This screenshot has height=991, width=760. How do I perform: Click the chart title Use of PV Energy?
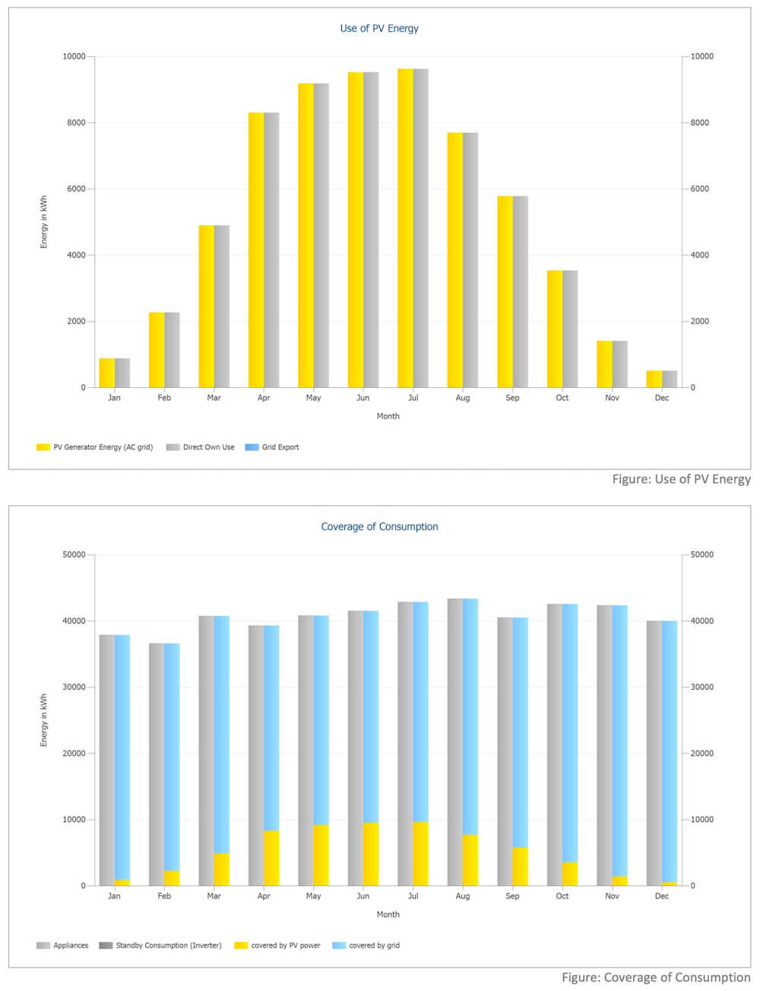click(x=379, y=29)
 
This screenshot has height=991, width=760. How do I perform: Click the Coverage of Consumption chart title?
click(x=379, y=526)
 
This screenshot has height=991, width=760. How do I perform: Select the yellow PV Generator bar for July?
click(x=405, y=228)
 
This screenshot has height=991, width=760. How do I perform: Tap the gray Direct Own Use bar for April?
click(x=271, y=251)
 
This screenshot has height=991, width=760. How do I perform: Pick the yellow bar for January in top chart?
click(x=106, y=373)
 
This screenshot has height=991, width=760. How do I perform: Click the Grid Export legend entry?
click(x=280, y=447)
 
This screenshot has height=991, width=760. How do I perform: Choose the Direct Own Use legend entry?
click(x=208, y=447)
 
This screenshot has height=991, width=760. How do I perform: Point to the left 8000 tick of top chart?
click(x=76, y=122)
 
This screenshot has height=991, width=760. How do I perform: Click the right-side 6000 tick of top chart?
click(x=700, y=189)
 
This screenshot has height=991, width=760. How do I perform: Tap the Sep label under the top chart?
click(x=512, y=398)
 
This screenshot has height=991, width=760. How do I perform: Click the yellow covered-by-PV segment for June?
click(x=371, y=854)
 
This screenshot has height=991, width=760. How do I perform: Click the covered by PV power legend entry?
click(x=285, y=945)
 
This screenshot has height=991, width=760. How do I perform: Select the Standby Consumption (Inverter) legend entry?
click(x=168, y=945)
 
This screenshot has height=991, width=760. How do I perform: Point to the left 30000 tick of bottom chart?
click(x=74, y=687)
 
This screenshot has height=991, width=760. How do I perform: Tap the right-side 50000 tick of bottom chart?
click(x=702, y=554)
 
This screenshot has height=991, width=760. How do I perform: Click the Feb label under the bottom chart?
click(x=164, y=896)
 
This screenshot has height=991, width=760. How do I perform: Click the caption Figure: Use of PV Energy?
click(x=681, y=479)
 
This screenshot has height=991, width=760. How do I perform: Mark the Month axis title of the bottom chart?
click(x=388, y=914)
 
